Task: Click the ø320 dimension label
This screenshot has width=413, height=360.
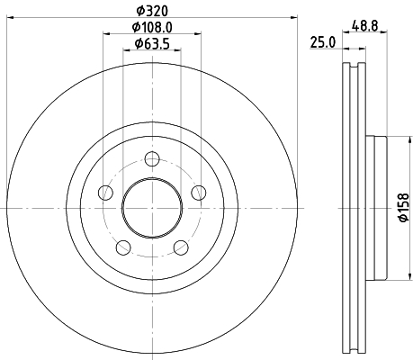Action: coord(152,11)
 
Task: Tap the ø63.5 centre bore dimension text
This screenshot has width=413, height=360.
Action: coord(152,43)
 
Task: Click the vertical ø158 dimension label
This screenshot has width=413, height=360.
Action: coord(405,207)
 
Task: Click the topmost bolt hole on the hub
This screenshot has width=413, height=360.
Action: coord(152,160)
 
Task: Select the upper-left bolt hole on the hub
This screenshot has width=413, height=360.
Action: coord(105,193)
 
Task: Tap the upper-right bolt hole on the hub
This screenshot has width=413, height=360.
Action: coord(198,193)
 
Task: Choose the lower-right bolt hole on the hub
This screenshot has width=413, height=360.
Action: coord(181,248)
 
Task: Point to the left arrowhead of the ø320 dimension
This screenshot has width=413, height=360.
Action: coord(12,18)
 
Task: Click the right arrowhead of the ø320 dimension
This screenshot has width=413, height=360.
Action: coord(292,18)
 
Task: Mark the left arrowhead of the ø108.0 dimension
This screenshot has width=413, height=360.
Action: coord(108,34)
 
